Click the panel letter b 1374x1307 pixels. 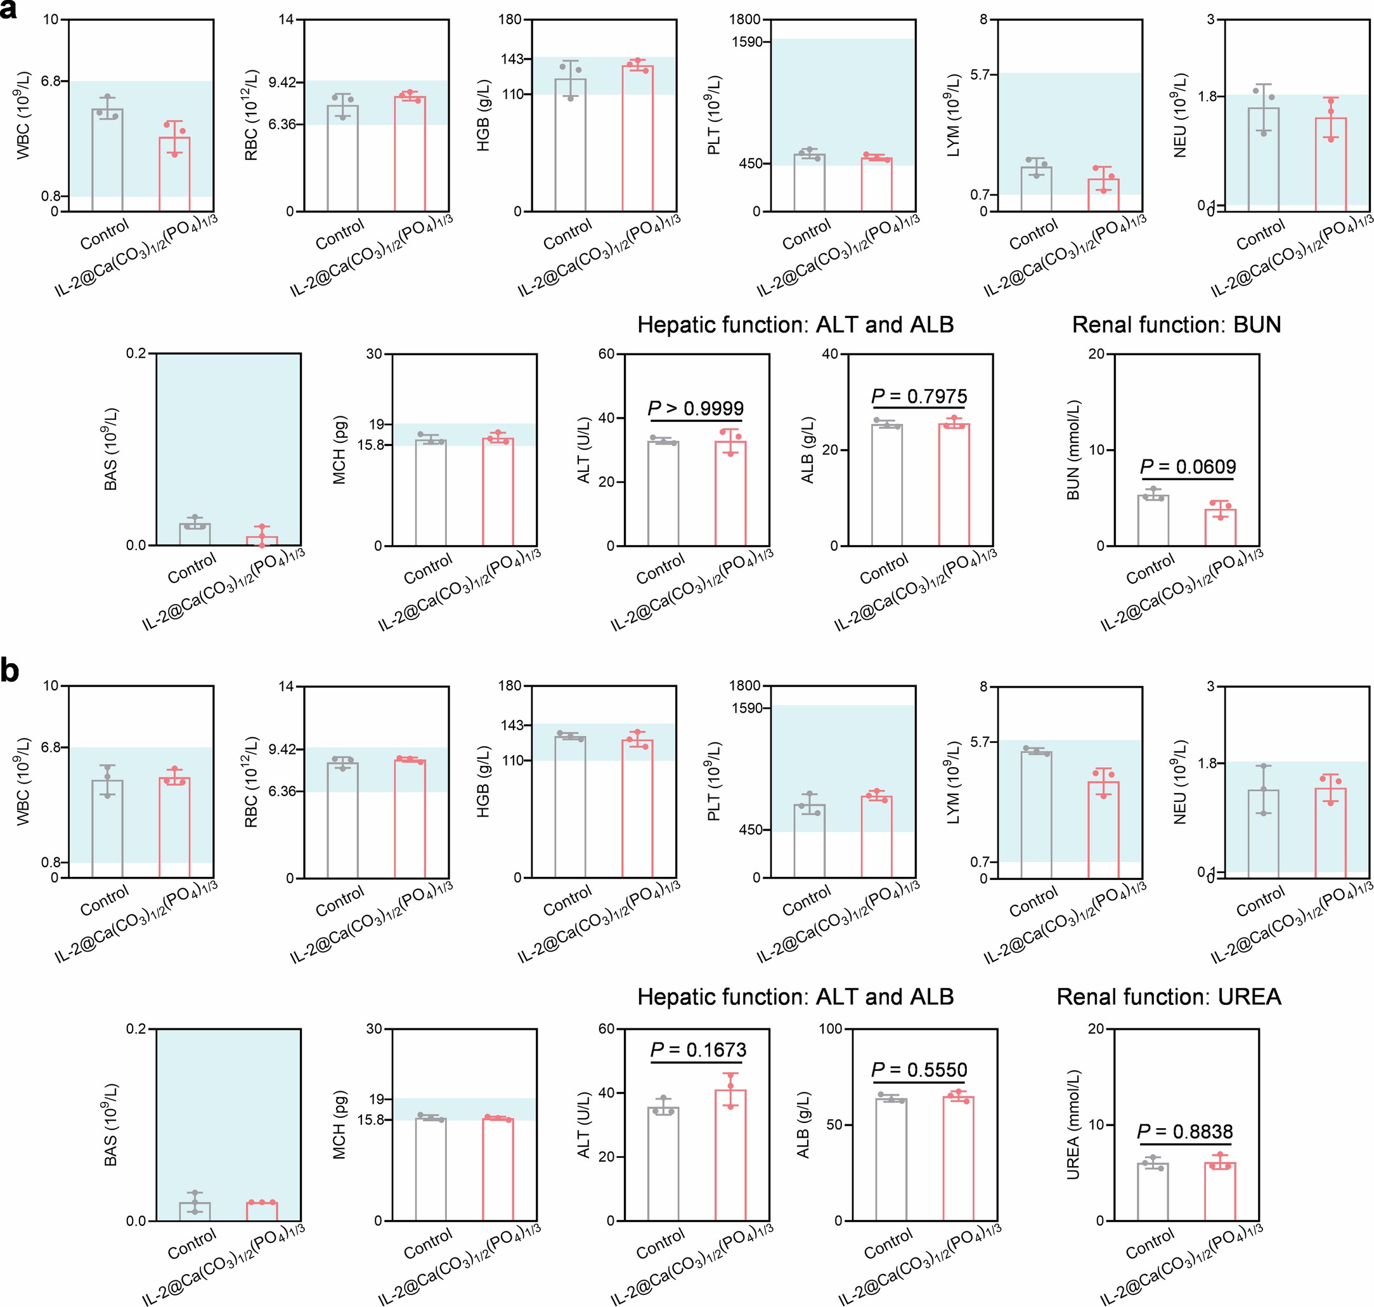tap(10, 671)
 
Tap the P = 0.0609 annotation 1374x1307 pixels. tap(1188, 467)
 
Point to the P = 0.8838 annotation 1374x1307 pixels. tap(1184, 1131)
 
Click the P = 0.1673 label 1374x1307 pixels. tap(698, 1050)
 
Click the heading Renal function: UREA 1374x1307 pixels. tap(1169, 997)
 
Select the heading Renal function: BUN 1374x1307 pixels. tap(1176, 325)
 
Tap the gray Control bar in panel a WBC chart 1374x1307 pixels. tap(107, 161)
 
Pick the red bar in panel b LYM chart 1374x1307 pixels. tap(1103, 829)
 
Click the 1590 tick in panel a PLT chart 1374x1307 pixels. tap(746, 43)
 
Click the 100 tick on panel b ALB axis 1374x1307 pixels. tap(830, 1029)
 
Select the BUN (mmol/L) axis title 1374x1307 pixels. tap(1073, 449)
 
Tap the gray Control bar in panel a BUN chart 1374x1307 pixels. tap(1153, 520)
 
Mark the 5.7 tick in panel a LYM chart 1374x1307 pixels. tap(978, 74)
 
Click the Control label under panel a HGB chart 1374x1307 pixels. tap(567, 234)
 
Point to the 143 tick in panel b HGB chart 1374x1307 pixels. tap(511, 725)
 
